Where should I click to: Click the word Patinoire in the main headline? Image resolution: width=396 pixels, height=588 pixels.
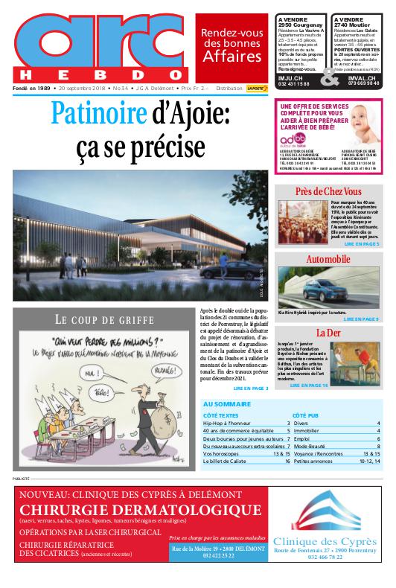click(96, 114)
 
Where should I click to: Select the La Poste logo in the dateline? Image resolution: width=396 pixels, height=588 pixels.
click(257, 88)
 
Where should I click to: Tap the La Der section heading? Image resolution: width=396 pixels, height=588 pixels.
click(328, 332)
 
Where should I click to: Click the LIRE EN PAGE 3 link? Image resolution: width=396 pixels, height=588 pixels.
click(250, 388)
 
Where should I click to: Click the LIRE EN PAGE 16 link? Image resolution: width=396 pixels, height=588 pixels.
click(308, 386)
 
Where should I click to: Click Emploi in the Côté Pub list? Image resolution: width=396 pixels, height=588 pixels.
click(302, 438)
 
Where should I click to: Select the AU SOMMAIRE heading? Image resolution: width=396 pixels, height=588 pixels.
click(227, 404)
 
